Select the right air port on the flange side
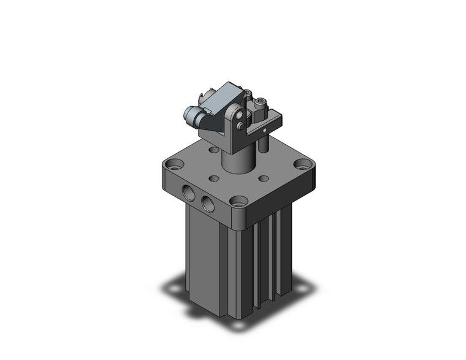(x=208, y=204)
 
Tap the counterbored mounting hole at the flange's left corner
(x=175, y=164)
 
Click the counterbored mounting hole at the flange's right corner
(x=302, y=164)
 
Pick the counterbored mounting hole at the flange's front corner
(x=239, y=201)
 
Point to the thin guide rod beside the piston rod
(x=264, y=142)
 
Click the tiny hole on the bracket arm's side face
(x=264, y=130)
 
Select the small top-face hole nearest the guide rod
(x=264, y=178)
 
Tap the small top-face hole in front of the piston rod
(x=214, y=178)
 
